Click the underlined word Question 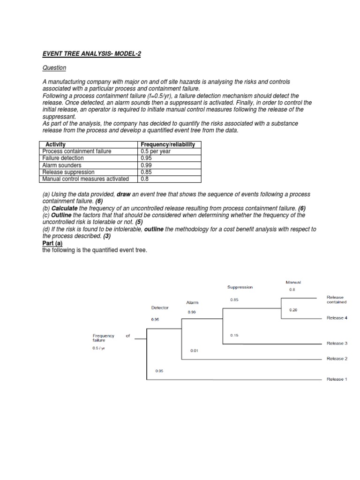(x=54, y=68)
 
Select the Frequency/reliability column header (x=167, y=145)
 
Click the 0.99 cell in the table (x=147, y=165)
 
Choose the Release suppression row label (x=68, y=172)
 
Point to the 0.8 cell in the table (x=145, y=179)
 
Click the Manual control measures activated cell (x=85, y=179)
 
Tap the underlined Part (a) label (x=52, y=244)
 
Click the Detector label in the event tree (x=160, y=308)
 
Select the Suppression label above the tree (x=240, y=287)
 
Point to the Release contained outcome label (x=336, y=300)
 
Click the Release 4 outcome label (x=337, y=318)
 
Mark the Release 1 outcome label (x=337, y=379)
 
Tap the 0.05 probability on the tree (x=159, y=371)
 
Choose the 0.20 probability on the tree (x=293, y=310)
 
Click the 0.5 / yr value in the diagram (x=99, y=348)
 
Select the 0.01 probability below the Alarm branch (x=194, y=351)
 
